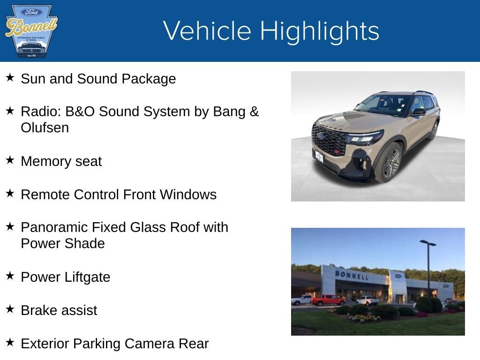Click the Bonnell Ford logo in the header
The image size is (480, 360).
(x=31, y=31)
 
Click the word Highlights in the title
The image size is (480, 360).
(x=319, y=31)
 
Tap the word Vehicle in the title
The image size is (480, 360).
(x=207, y=31)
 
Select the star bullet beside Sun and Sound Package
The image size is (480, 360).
(x=10, y=77)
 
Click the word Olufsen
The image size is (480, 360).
(x=45, y=128)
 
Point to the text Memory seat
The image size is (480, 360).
(x=61, y=161)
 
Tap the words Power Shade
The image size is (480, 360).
(x=62, y=244)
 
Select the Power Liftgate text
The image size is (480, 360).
(x=65, y=277)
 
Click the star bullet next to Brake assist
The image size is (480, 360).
(x=10, y=309)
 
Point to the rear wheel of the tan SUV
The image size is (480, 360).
(x=433, y=130)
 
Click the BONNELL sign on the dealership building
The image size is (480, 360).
(x=351, y=275)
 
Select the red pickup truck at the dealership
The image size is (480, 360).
(x=328, y=300)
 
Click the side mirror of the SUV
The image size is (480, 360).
(x=418, y=112)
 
